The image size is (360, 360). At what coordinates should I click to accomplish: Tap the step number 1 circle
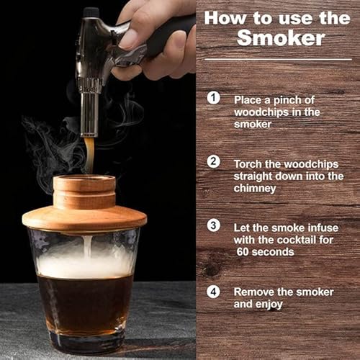coord(214,97)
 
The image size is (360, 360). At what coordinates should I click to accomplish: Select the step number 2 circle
coord(214,161)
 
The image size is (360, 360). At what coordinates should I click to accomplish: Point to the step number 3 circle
coord(214,225)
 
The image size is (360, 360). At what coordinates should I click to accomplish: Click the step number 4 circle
coord(214,292)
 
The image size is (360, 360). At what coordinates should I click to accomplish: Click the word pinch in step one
coord(304,99)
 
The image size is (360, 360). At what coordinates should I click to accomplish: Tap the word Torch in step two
coord(250,163)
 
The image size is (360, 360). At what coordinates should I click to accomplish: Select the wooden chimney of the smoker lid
coord(84,191)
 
